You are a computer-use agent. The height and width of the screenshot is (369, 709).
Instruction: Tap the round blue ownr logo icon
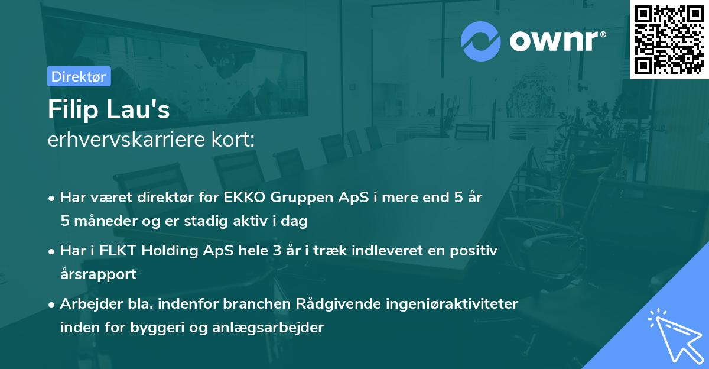point(480,41)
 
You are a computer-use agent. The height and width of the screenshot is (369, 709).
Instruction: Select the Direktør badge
point(79,76)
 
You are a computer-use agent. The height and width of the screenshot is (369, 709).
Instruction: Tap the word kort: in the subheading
point(235,140)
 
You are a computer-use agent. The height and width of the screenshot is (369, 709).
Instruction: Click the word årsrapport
point(98,274)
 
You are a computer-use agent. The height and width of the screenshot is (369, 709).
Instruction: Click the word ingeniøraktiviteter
point(452,304)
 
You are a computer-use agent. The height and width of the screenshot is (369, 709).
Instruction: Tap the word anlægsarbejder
point(275,328)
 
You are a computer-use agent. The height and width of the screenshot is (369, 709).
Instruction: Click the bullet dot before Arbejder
point(53,305)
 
